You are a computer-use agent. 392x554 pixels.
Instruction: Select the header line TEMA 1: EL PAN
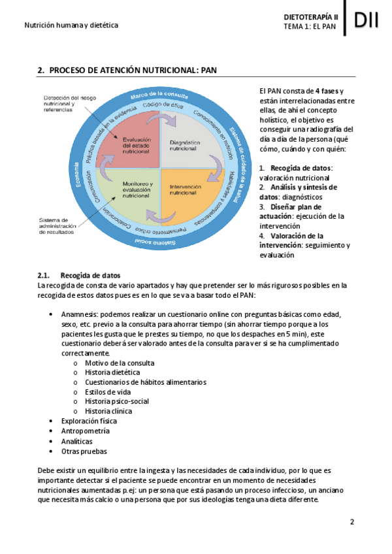click(x=310, y=27)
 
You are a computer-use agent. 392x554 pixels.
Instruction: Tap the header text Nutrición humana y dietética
click(x=71, y=25)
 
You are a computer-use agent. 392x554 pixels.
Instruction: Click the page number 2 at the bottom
click(x=351, y=521)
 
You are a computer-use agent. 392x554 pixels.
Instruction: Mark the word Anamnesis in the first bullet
click(x=82, y=314)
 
